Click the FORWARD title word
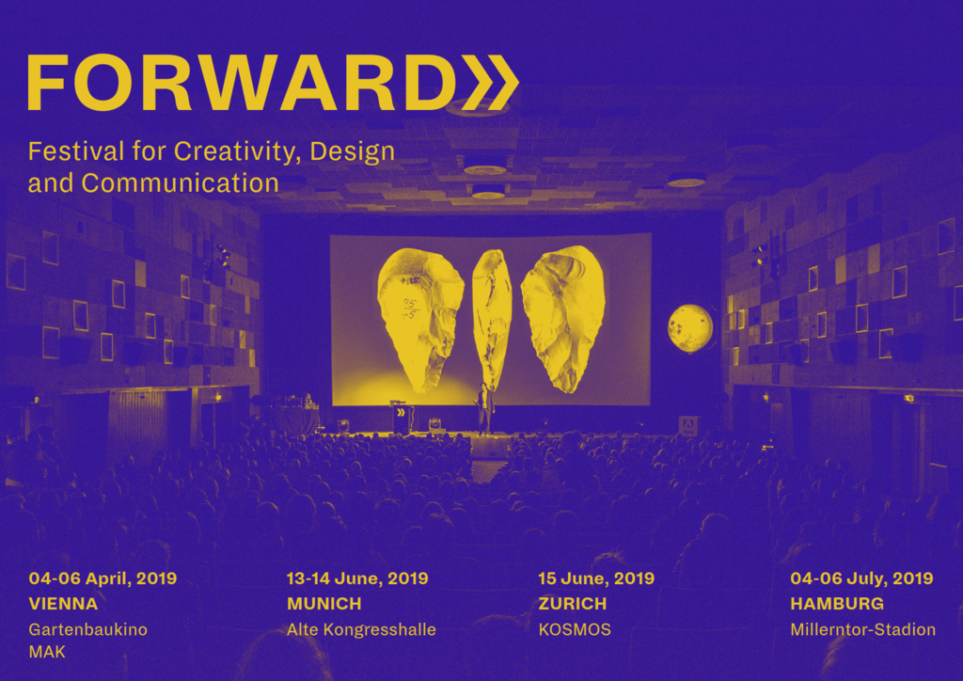click(239, 82)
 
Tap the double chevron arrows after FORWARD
click(489, 82)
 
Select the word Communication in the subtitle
click(180, 183)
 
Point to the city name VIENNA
click(63, 604)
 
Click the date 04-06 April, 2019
click(103, 578)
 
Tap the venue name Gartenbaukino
click(87, 629)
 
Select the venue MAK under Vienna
click(47, 652)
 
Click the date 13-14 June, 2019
click(357, 578)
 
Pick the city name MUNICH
click(324, 604)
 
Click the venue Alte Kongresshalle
click(361, 629)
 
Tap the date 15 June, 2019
click(596, 578)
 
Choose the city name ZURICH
click(573, 604)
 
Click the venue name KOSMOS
click(575, 629)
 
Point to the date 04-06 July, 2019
click(861, 578)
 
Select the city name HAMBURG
click(837, 604)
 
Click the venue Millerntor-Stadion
click(863, 629)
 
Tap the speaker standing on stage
click(485, 408)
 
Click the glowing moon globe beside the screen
click(690, 328)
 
